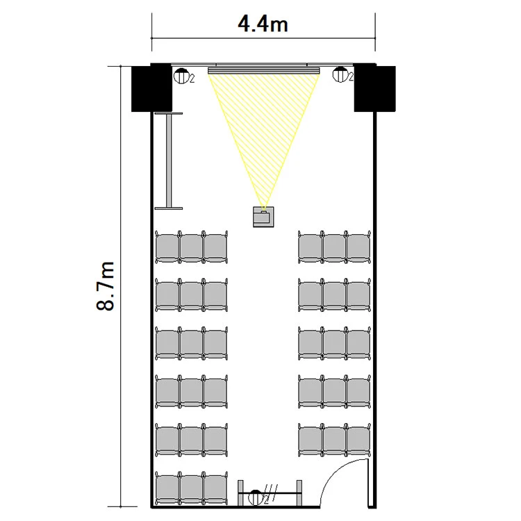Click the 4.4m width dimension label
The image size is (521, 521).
tap(263, 24)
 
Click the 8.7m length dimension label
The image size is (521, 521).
tap(106, 286)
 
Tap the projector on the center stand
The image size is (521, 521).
tap(263, 217)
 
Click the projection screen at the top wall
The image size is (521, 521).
tap(264, 70)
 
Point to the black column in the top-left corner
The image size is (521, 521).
tap(151, 88)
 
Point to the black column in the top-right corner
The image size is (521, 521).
tap(375, 88)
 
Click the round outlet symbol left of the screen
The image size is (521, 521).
tap(181, 76)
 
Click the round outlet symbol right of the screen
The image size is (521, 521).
tap(340, 74)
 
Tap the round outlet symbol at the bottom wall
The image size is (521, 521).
tap(256, 497)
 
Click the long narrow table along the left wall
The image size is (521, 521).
tap(169, 161)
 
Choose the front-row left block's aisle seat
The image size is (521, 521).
tap(215, 247)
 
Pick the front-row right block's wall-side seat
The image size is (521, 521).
tap(358, 247)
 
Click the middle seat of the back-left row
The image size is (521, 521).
tap(192, 488)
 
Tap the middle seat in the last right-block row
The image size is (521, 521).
tap(334, 440)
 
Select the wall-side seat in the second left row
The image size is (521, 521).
tap(167, 295)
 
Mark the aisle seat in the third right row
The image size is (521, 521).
tap(311, 344)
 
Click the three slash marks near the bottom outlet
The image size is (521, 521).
tap(271, 493)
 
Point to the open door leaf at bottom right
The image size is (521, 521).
tap(367, 483)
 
